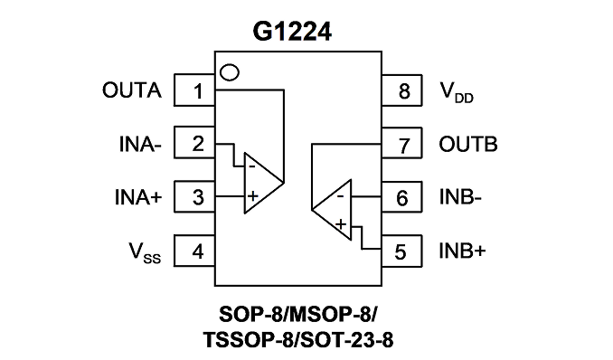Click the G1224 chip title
[x=292, y=32]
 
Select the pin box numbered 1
[x=194, y=90]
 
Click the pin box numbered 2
[x=194, y=142]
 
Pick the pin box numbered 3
[x=194, y=196]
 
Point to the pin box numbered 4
[x=194, y=251]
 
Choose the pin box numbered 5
[x=402, y=251]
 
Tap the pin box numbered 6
[x=402, y=197]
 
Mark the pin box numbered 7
[x=402, y=143]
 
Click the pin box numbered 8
[x=402, y=90]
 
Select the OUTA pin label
[x=132, y=90]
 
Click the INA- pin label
[x=140, y=144]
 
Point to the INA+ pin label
[x=138, y=197]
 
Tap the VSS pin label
[x=145, y=252]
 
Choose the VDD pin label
[x=457, y=92]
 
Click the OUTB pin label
[x=468, y=144]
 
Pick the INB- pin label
[x=460, y=197]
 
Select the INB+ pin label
[x=462, y=251]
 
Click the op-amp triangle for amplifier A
[x=246, y=183]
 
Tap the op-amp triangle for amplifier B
[x=350, y=210]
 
